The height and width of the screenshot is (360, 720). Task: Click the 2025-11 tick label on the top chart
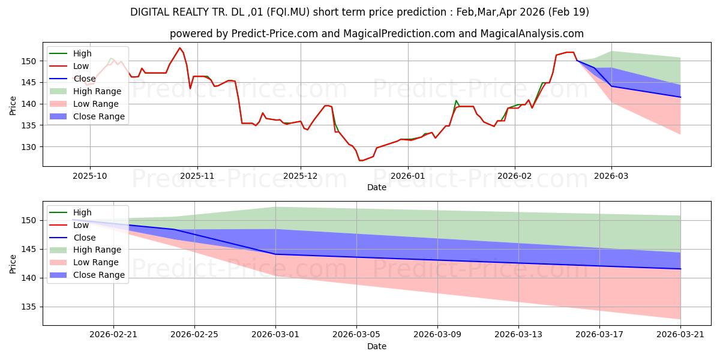coord(197,176)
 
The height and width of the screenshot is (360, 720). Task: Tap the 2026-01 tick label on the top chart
coord(408,176)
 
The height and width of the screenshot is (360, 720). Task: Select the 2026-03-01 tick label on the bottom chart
coord(275,334)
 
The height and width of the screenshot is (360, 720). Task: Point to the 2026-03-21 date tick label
coord(680,334)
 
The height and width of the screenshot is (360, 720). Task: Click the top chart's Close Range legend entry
coord(87,116)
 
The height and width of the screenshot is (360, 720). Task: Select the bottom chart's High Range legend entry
coord(85,250)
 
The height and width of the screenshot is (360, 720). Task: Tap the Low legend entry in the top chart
coord(69,66)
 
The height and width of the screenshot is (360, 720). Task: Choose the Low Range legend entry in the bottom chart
coord(84,262)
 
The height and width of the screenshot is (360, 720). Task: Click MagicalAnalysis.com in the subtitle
coord(532,34)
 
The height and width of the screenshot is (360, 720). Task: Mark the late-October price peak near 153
coord(179,48)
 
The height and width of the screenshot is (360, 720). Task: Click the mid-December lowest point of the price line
coord(361,160)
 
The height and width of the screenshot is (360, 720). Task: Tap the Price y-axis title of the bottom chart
coord(13,264)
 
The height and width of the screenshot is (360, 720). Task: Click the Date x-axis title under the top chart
coord(377,187)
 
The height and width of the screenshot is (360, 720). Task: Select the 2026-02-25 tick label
coord(194,334)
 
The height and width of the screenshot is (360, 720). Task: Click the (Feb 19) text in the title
coord(569,12)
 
